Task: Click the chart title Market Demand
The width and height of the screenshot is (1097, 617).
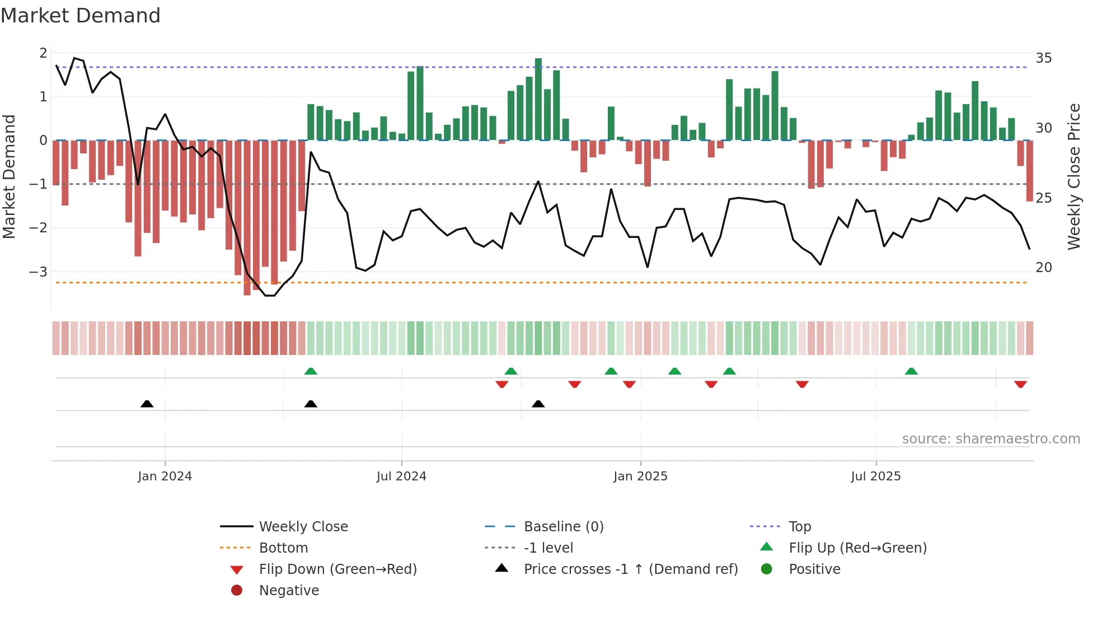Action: coord(81,16)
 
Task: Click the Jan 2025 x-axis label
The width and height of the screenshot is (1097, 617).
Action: coord(640,476)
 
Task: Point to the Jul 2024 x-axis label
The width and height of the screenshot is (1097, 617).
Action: coord(401,476)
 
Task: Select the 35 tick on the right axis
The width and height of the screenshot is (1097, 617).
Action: coord(1043,58)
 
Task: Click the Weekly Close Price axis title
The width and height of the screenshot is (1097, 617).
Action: coord(1073,176)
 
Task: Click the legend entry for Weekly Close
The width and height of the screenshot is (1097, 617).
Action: coord(303,527)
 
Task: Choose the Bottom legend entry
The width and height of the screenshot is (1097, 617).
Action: coord(283,548)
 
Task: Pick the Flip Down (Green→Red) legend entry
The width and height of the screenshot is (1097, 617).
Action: coord(337,569)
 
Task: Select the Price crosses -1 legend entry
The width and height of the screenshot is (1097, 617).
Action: coord(630,569)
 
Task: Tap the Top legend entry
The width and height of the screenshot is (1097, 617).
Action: coord(799,527)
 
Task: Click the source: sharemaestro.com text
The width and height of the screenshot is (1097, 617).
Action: coord(991,439)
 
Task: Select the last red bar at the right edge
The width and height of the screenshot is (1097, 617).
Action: coord(1029,171)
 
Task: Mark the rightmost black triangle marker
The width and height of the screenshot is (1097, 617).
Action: coord(538,404)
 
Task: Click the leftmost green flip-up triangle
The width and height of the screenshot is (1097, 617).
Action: coord(311,371)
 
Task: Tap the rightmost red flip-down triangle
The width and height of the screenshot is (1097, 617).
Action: coord(1020,385)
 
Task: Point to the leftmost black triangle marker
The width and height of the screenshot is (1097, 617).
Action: coord(147,404)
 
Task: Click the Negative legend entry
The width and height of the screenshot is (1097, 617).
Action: coord(288,591)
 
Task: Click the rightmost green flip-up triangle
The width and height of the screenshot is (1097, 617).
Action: coord(911,371)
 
